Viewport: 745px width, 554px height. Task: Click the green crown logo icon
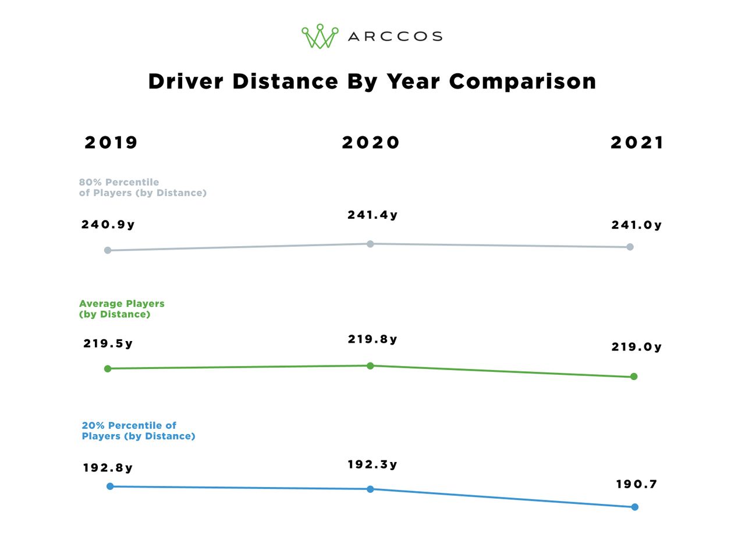click(320, 36)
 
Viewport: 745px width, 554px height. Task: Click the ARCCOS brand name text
click(395, 37)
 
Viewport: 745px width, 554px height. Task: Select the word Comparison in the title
click(522, 81)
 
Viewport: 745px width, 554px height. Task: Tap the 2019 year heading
click(111, 143)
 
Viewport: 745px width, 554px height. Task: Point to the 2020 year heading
click(371, 143)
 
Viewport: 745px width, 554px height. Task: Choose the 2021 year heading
click(637, 143)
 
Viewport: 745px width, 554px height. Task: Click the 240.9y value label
click(108, 225)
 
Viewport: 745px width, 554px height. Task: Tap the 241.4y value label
click(372, 215)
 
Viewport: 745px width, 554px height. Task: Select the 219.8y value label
click(372, 339)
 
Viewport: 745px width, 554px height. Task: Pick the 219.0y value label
click(636, 347)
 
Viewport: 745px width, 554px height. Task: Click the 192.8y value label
click(108, 468)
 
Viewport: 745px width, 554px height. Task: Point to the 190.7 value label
click(636, 484)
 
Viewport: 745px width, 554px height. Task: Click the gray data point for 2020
click(370, 244)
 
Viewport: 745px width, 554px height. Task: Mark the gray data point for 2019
click(108, 250)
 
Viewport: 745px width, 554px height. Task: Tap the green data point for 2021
click(634, 377)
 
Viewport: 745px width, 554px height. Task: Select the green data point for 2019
click(108, 368)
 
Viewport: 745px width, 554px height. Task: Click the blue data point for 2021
click(634, 507)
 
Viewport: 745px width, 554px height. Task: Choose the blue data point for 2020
click(370, 489)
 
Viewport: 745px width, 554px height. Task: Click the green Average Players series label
click(122, 309)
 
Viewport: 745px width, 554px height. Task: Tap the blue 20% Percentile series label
click(138, 431)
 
